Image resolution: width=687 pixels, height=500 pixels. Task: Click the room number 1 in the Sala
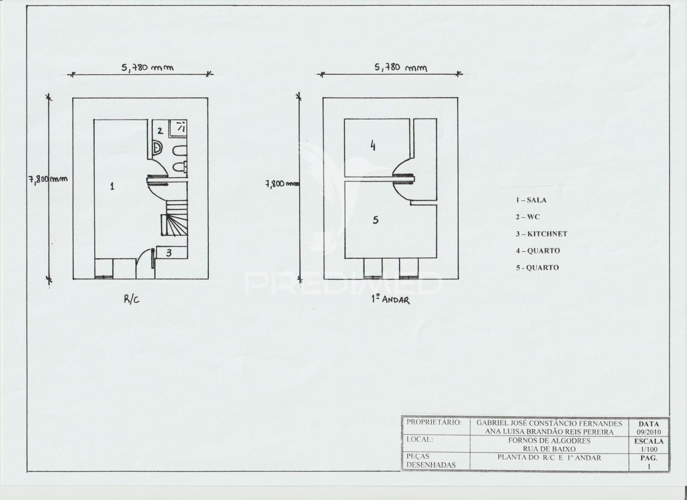pyautogui.click(x=112, y=186)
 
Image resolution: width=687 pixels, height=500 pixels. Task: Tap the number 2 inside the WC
pyautogui.click(x=160, y=131)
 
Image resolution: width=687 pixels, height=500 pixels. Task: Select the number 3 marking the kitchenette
pyautogui.click(x=169, y=252)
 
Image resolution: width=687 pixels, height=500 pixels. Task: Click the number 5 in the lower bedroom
pyautogui.click(x=376, y=220)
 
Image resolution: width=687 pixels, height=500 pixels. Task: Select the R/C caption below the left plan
pyautogui.click(x=132, y=299)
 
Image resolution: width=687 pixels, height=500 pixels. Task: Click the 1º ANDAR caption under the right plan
pyautogui.click(x=390, y=300)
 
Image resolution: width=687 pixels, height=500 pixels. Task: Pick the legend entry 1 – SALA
pyautogui.click(x=531, y=200)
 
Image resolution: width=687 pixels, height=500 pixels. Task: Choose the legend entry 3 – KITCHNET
pyautogui.click(x=542, y=234)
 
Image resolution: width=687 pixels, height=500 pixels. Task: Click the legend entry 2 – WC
pyautogui.click(x=528, y=217)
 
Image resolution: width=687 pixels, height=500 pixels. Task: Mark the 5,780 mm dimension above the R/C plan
pyautogui.click(x=147, y=67)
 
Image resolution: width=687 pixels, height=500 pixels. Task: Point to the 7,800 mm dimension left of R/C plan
pyautogui.click(x=48, y=179)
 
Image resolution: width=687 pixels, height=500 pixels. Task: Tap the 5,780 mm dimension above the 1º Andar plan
pyautogui.click(x=401, y=67)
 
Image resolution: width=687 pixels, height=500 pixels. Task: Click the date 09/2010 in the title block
pyautogui.click(x=648, y=432)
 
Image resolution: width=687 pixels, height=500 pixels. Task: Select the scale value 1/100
pyautogui.click(x=649, y=449)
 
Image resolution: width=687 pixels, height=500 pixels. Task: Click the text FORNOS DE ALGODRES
pyautogui.click(x=549, y=441)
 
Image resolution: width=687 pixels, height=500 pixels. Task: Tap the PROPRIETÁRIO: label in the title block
pyautogui.click(x=434, y=422)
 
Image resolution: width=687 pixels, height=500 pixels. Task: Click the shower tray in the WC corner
pyautogui.click(x=178, y=128)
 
